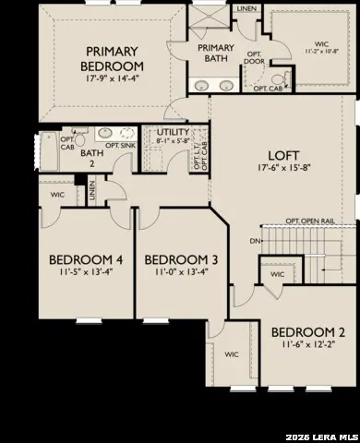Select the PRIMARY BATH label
coord(216,53)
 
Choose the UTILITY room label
coord(173,133)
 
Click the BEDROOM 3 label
coord(182,258)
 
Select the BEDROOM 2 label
coord(309,332)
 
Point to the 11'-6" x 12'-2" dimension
coord(309,346)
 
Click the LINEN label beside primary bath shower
coord(246,8)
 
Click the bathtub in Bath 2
coord(49,150)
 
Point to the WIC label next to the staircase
coord(277,274)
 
